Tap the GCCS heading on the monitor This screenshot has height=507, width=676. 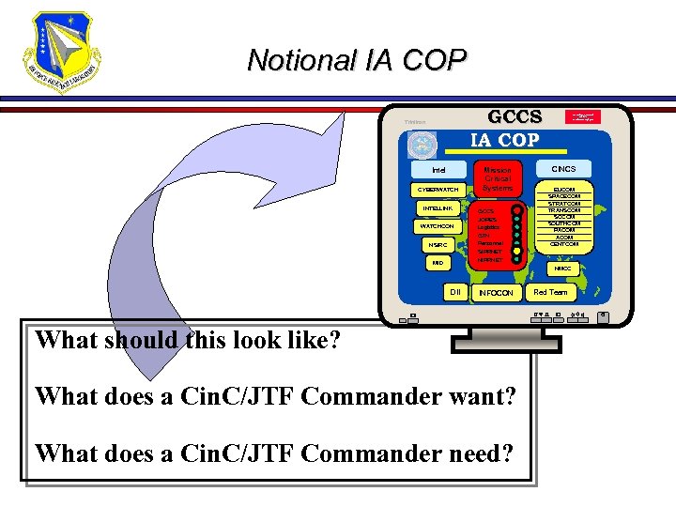[515, 117]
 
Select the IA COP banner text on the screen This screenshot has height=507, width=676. [505, 140]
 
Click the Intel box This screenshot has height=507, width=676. [438, 170]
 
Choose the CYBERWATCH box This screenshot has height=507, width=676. [438, 190]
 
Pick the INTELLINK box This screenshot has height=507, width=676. [438, 207]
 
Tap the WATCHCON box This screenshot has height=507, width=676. [438, 226]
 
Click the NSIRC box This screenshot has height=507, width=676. [438, 245]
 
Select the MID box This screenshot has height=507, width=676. [438, 264]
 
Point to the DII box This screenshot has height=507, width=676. [454, 292]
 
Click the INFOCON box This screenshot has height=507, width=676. [497, 293]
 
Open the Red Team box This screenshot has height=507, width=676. [550, 292]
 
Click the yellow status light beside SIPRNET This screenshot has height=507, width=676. [516, 252]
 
